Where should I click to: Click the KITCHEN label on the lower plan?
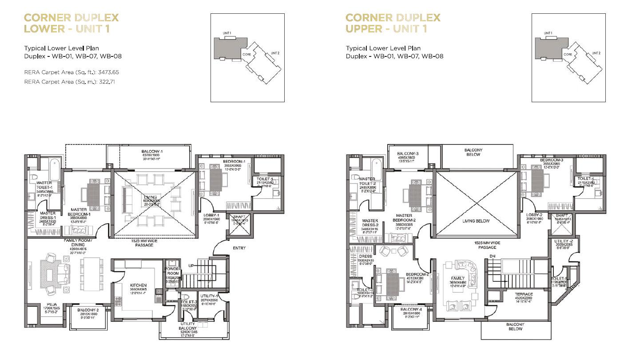138,285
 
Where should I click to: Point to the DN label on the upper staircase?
492,256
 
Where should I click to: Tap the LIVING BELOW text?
476,221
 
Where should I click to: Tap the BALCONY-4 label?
410,309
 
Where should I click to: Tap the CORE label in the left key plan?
246,54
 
